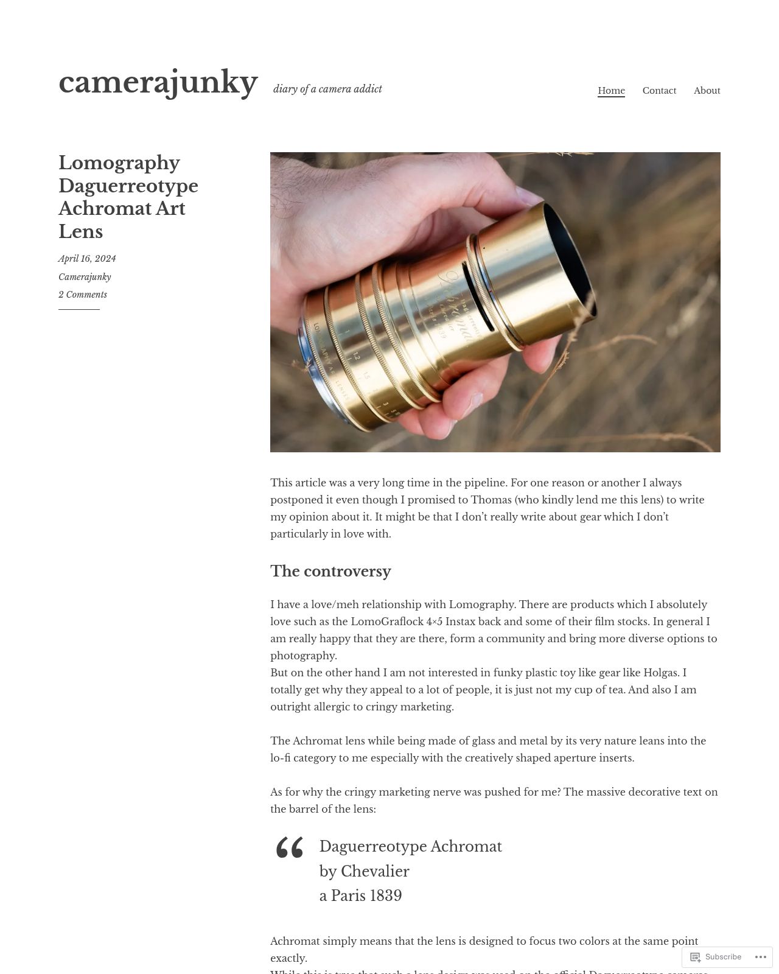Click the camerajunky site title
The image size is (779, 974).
click(158, 82)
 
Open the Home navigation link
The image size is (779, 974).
click(611, 91)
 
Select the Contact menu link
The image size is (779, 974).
click(659, 91)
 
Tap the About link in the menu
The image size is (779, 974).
click(707, 91)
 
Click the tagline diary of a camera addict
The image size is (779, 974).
click(327, 89)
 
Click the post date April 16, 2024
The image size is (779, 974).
click(87, 259)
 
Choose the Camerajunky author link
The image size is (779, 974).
click(85, 277)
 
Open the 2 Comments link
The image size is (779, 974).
click(83, 295)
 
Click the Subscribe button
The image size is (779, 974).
click(716, 957)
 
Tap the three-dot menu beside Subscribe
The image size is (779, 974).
click(763, 957)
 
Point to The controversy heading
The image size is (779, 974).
click(330, 571)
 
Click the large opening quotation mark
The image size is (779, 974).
click(289, 847)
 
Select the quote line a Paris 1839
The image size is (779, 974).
click(360, 896)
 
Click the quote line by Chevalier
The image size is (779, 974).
click(364, 872)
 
